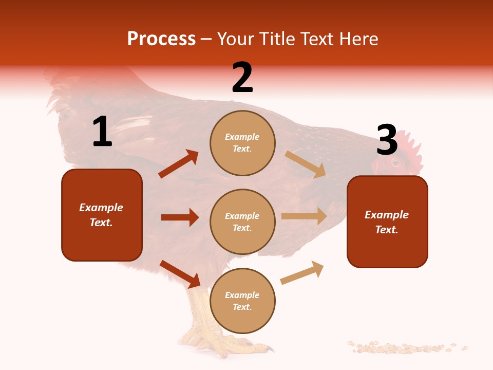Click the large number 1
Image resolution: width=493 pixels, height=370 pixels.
point(102,132)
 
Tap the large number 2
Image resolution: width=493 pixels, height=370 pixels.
point(242,77)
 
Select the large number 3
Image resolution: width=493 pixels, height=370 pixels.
point(387,140)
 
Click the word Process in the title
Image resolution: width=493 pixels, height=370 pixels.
point(161,39)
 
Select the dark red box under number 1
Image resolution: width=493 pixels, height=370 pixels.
point(102,215)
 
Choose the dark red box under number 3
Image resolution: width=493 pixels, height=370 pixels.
point(387,221)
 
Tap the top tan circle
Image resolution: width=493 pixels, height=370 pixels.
point(242,143)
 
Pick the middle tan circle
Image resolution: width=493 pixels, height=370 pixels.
point(242,221)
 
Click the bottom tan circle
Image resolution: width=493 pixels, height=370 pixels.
point(242,301)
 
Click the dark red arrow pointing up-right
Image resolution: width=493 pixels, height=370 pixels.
point(179,164)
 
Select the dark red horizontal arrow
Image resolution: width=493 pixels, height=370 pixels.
point(180,217)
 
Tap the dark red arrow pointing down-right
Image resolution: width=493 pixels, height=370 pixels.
point(180,274)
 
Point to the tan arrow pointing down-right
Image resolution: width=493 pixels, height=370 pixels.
point(305,164)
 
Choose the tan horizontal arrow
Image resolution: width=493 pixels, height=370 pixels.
point(304,216)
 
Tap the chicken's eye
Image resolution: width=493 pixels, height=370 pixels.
point(395,163)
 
